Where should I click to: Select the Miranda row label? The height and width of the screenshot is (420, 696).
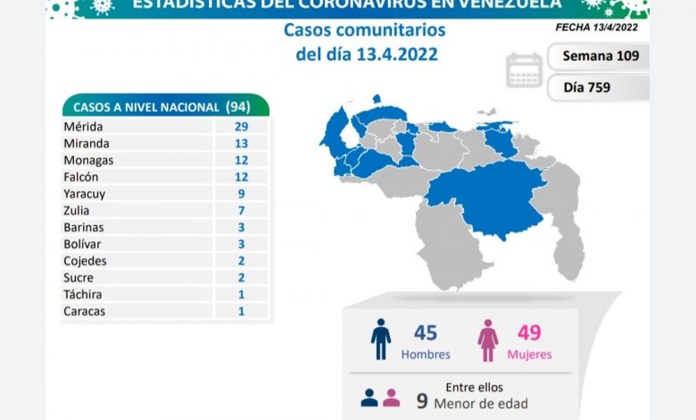click(x=87, y=143)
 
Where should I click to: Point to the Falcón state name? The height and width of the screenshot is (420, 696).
click(x=82, y=177)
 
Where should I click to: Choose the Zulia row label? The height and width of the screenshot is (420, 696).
click(x=78, y=210)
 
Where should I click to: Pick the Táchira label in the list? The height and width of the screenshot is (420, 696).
click(x=82, y=294)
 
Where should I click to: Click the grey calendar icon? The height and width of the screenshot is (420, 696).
click(x=524, y=71)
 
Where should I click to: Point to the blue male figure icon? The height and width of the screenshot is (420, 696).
click(x=381, y=339)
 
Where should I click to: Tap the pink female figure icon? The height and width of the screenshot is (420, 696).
click(x=488, y=339)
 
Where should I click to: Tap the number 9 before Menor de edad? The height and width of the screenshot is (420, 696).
click(x=421, y=399)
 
